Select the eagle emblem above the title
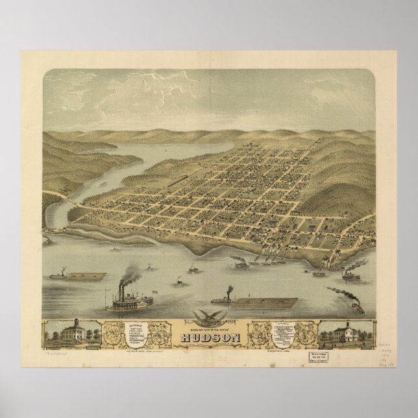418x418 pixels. [x=208, y=317]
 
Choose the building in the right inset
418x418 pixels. [x=344, y=332]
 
